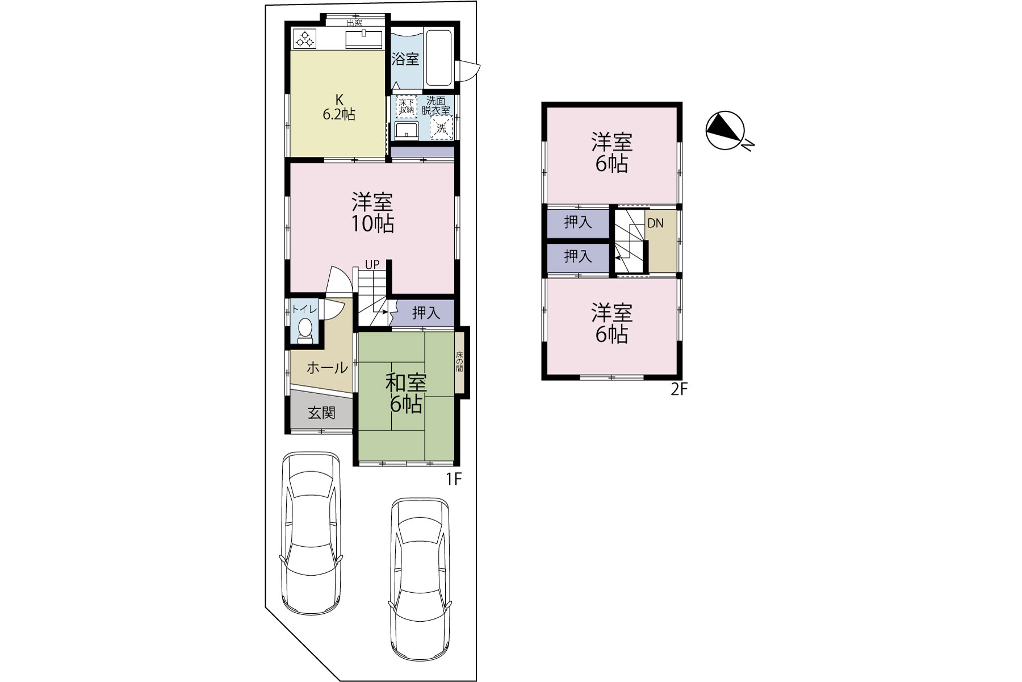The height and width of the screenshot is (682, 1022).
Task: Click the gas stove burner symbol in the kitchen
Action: click(x=304, y=39)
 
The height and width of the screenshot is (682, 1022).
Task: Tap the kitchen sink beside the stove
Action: click(x=364, y=39)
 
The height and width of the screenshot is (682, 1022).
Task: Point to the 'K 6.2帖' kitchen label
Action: click(x=339, y=106)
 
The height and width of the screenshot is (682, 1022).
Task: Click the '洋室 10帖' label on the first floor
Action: click(x=372, y=213)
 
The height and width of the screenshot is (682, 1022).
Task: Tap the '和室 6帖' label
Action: click(x=406, y=393)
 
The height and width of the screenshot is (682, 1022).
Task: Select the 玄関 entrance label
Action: click(x=322, y=413)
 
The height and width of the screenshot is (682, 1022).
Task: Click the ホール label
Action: click(x=327, y=368)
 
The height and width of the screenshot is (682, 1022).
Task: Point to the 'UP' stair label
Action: click(x=372, y=265)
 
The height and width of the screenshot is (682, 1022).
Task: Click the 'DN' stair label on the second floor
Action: click(x=655, y=223)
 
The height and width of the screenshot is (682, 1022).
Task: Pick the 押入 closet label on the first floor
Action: click(x=426, y=313)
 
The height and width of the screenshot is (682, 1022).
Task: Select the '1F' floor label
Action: click(x=454, y=480)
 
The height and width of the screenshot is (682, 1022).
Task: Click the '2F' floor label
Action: click(x=679, y=389)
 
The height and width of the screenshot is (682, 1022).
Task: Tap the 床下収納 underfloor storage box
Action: click(x=407, y=106)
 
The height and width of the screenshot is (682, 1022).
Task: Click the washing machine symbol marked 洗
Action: click(x=441, y=128)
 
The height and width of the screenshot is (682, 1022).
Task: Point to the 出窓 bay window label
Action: click(x=354, y=23)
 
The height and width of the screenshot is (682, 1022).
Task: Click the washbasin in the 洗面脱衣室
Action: click(x=407, y=130)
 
